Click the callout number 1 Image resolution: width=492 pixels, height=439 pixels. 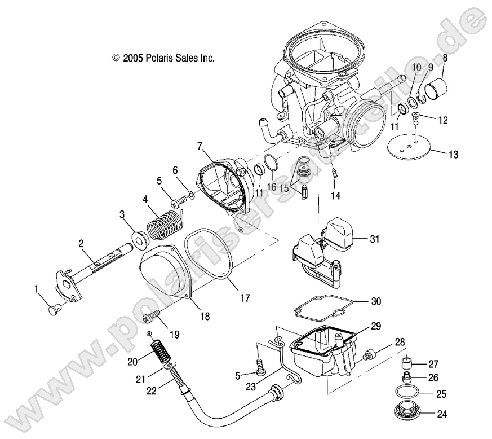tap(37, 289)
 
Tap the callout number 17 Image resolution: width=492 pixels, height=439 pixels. tap(245, 297)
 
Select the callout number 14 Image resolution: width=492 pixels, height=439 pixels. tap(336, 196)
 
